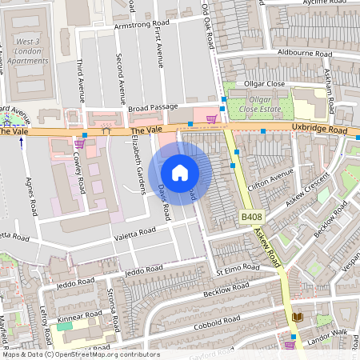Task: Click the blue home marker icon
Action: coord(180,173)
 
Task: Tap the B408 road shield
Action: coord(251,217)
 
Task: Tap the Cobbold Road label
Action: coord(215,320)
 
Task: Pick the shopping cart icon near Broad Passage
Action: coord(211,118)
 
